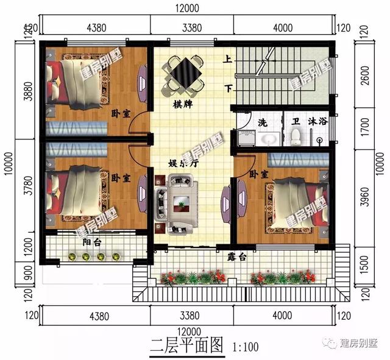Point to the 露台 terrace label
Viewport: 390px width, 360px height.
click(x=238, y=258)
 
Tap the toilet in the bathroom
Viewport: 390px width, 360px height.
click(x=296, y=137)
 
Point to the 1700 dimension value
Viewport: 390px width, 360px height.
click(x=364, y=129)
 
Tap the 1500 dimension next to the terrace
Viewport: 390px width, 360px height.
click(x=364, y=263)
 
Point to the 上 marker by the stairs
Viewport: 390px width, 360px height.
click(x=227, y=60)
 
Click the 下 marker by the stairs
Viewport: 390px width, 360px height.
click(x=228, y=89)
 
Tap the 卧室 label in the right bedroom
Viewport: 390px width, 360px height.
click(x=258, y=174)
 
